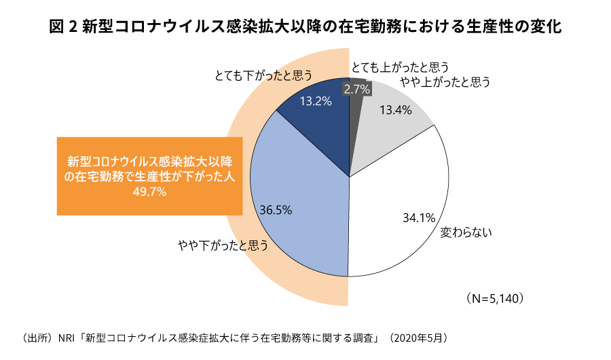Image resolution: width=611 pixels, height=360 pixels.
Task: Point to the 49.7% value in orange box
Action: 149,192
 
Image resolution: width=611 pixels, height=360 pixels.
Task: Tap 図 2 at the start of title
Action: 62,28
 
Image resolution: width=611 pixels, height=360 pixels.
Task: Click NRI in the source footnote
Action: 67,338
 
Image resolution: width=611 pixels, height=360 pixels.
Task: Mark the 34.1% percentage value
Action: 418,218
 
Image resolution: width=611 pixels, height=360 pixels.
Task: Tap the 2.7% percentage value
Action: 356,89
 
